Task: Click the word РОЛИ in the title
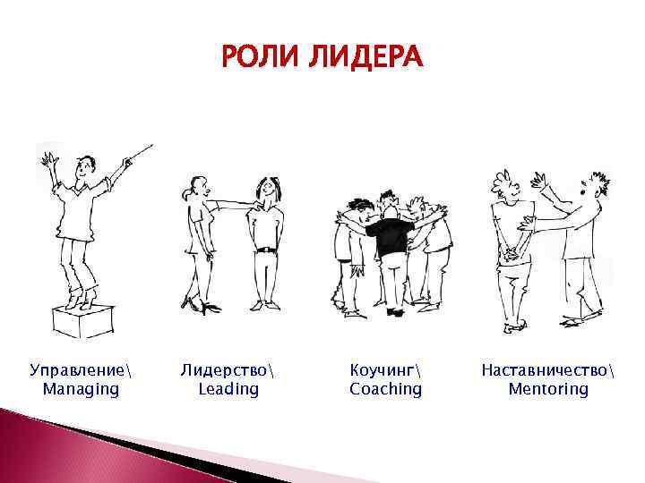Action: [x=260, y=59]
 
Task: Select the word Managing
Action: [x=81, y=389]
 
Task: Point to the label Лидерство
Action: [x=228, y=369]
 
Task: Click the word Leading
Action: [x=228, y=389]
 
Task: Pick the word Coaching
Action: [x=385, y=389]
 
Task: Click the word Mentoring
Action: [x=548, y=389]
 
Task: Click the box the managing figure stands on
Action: [x=83, y=319]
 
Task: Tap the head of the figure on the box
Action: [x=85, y=166]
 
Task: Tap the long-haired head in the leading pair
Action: [x=266, y=190]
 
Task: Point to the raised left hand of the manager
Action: [x=47, y=161]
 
